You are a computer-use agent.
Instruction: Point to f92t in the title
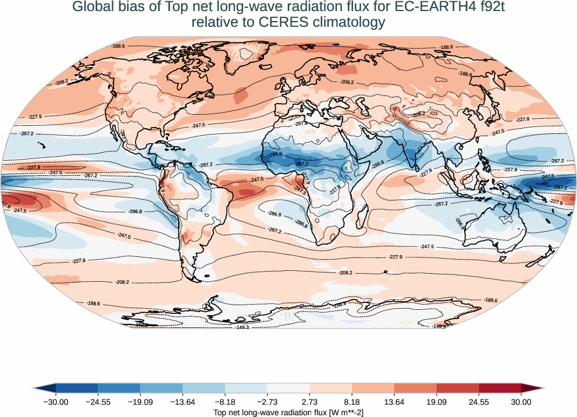(x=487, y=8)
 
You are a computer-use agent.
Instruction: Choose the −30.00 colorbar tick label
(x=56, y=402)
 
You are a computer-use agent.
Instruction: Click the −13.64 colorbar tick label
(x=183, y=402)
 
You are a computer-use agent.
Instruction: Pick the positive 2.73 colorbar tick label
(x=309, y=402)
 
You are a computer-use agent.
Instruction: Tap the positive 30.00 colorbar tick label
(x=521, y=402)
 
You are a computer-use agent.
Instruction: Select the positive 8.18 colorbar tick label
(x=352, y=402)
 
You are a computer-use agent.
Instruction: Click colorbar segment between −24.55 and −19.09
(x=119, y=388)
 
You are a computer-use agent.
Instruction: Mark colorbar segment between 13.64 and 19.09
(x=415, y=388)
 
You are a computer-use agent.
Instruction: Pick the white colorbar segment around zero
(x=288, y=388)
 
